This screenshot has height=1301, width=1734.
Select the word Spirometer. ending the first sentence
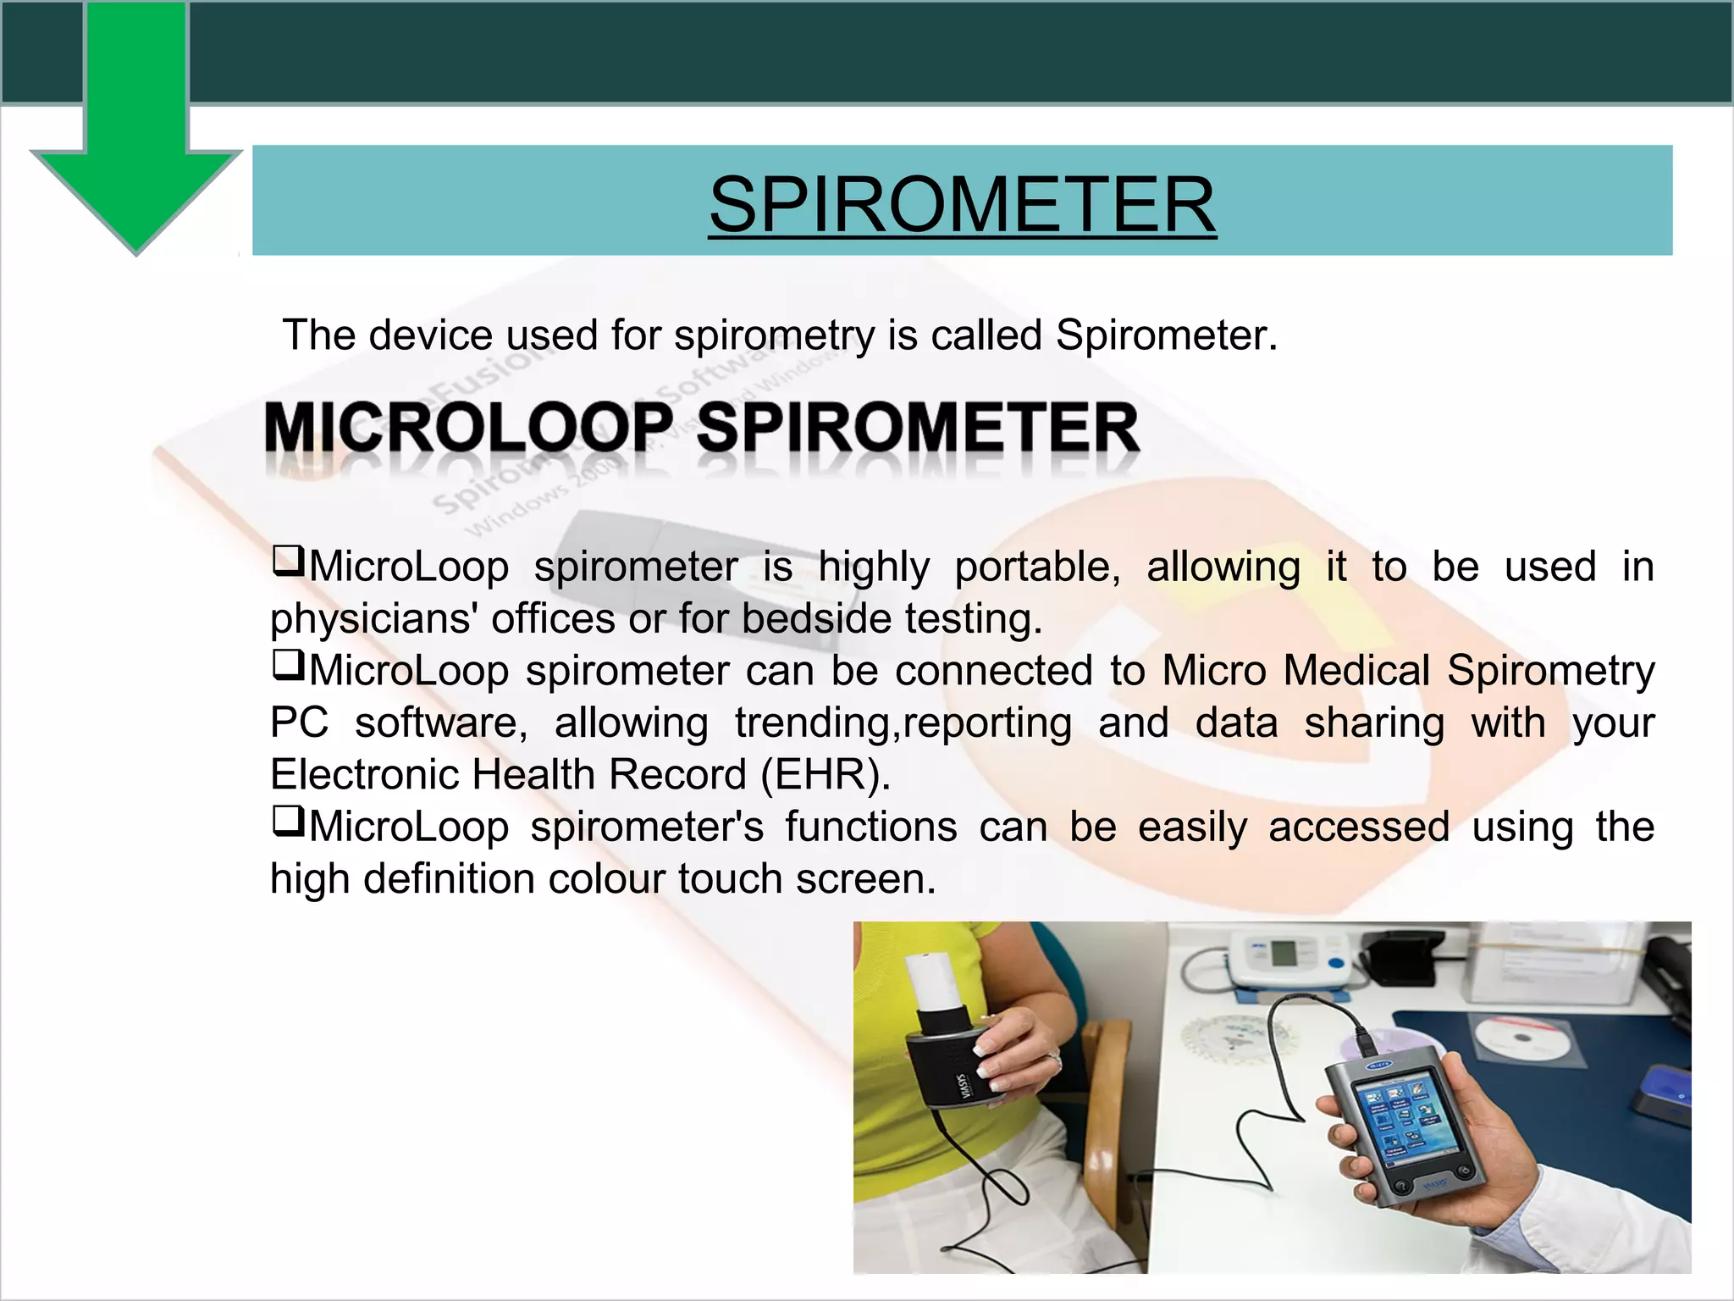click(x=1166, y=335)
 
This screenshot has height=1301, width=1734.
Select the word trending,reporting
click(x=903, y=723)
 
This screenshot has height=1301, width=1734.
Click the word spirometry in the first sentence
click(x=775, y=335)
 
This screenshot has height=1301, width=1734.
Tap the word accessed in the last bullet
click(x=1358, y=828)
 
